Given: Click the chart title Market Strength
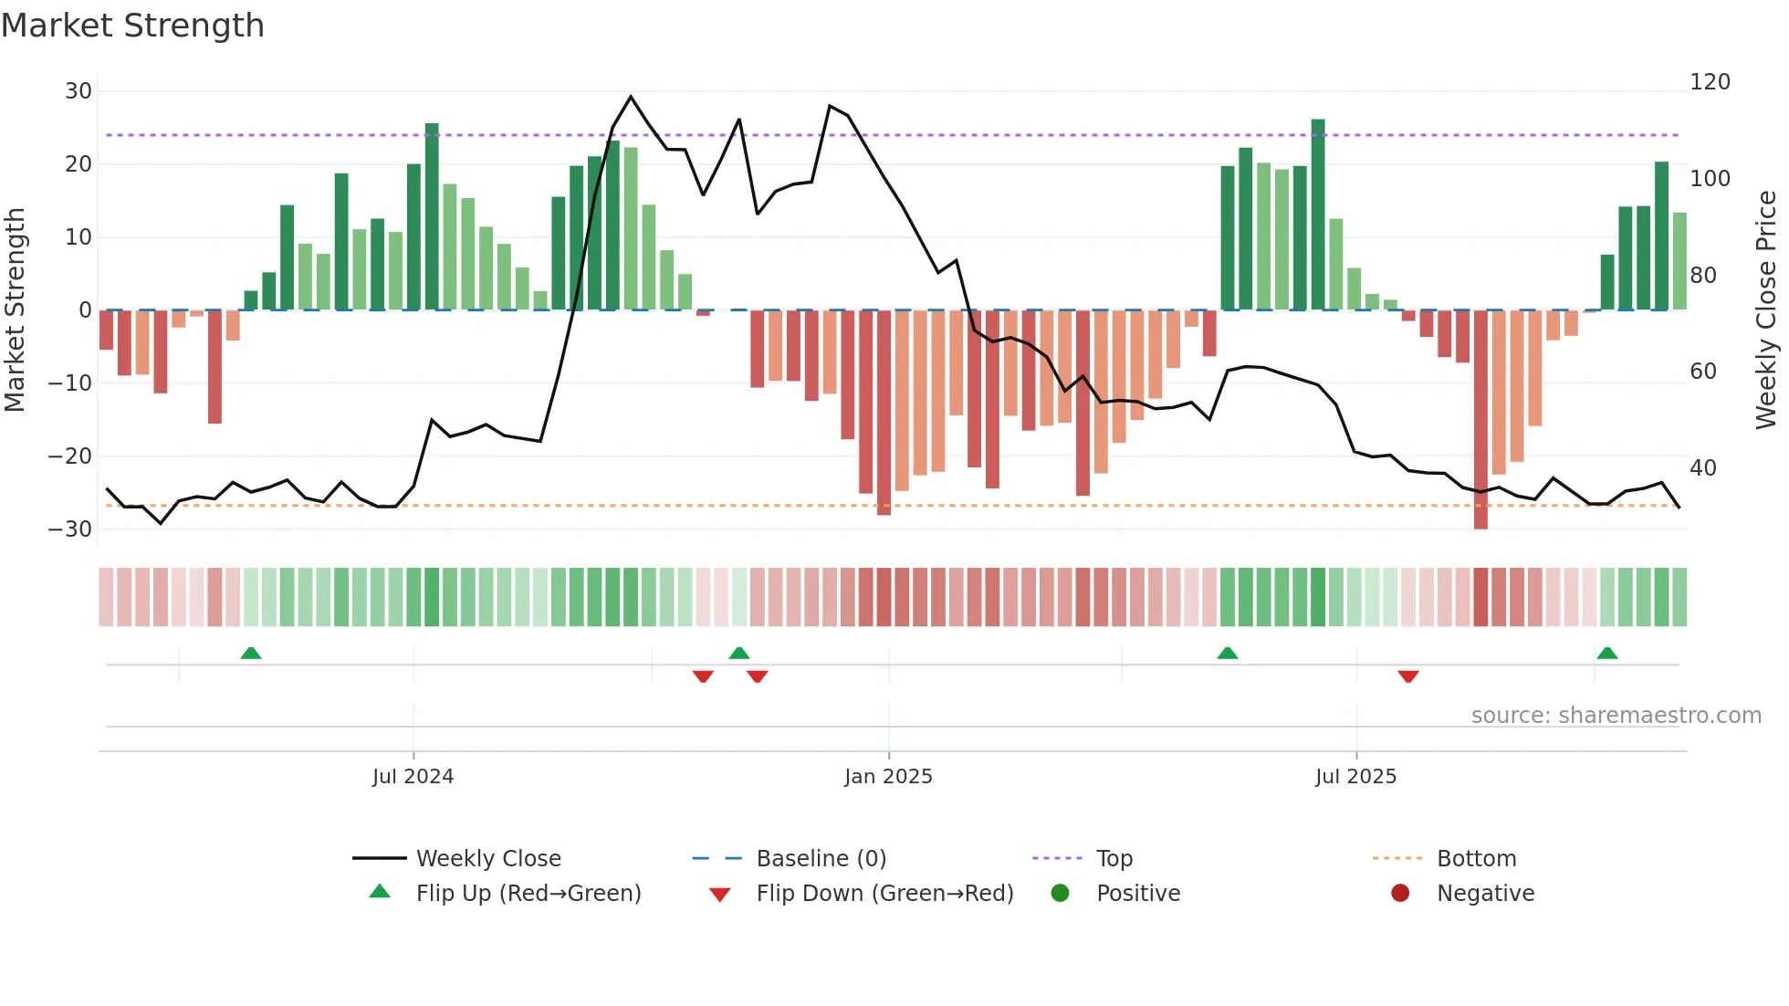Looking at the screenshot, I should (x=132, y=26).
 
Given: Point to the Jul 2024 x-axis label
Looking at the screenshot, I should (x=413, y=776).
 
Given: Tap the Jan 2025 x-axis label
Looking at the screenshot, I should (x=888, y=776).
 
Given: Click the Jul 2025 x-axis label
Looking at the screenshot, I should (x=1355, y=776).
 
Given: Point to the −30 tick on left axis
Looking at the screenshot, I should (x=70, y=529).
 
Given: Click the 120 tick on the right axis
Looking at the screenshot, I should (x=1710, y=82).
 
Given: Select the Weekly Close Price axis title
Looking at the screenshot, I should (x=1766, y=310).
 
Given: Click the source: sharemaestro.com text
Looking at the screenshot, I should (x=1616, y=715).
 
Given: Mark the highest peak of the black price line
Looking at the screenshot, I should (x=631, y=97).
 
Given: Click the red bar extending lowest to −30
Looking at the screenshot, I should (x=1480, y=420).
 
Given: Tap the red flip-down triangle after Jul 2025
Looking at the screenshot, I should (x=1408, y=676).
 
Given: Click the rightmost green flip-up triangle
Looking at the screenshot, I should (x=1607, y=653).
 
